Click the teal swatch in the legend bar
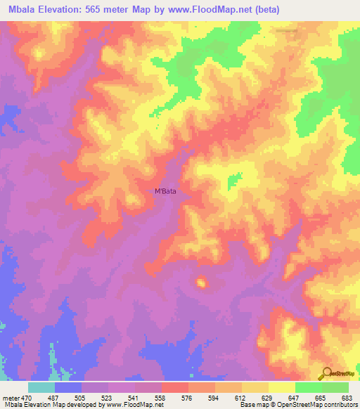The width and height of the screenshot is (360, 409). coord(41,387)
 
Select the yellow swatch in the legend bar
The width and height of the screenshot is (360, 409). coord(281,387)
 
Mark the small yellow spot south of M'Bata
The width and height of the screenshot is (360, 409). coord(202,283)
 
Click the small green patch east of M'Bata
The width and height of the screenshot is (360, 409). coord(233,181)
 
